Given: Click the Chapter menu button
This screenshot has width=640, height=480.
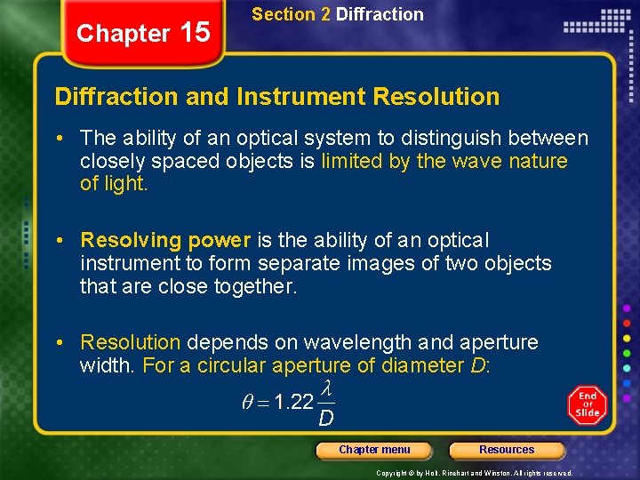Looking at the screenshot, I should (x=374, y=451).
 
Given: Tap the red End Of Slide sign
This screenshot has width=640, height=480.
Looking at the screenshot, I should (x=587, y=404).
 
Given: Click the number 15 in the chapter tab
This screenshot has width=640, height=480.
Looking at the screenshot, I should (x=195, y=33).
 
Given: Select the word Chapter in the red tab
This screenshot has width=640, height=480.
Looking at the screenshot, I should (x=123, y=34).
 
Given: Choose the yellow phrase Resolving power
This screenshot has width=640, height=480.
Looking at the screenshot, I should (x=165, y=240).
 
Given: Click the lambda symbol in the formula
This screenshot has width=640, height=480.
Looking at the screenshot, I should (x=326, y=388).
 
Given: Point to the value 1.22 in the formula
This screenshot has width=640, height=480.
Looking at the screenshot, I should (x=294, y=402).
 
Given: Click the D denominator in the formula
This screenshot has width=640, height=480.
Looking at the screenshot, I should (x=326, y=417).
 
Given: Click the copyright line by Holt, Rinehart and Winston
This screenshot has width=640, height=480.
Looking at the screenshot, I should (x=474, y=473).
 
